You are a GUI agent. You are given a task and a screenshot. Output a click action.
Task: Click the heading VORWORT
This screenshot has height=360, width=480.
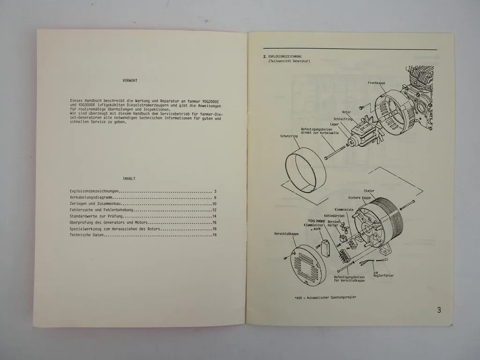pyautogui.click(x=130, y=81)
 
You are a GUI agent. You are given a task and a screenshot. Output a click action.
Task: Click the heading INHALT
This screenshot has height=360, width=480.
pyautogui.click(x=129, y=179)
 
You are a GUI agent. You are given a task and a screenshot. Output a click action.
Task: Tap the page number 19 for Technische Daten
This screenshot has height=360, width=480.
pyautogui.click(x=214, y=235)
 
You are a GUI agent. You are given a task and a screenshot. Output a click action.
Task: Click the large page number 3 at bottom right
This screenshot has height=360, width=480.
pyautogui.click(x=438, y=310)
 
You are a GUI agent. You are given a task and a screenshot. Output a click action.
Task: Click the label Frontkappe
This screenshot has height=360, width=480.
pyautogui.click(x=376, y=83)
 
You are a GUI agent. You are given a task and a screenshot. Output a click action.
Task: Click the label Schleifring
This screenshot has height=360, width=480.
pyautogui.click(x=343, y=119)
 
